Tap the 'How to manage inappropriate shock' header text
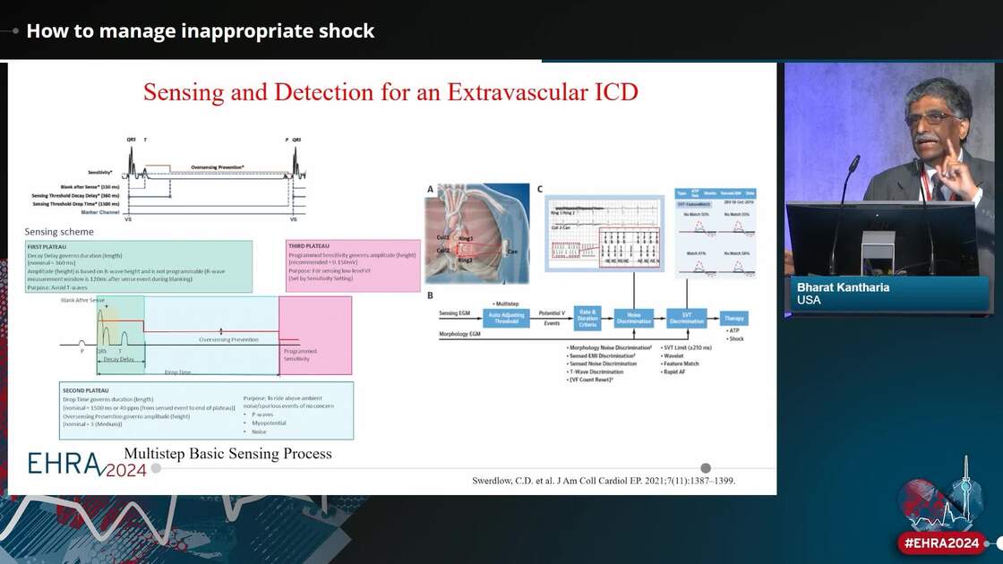click(201, 30)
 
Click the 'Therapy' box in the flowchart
click(733, 319)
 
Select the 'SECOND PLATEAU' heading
click(87, 391)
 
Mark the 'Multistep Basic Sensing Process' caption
click(227, 454)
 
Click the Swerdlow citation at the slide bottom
click(603, 481)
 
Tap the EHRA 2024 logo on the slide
click(86, 464)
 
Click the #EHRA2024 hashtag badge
click(942, 543)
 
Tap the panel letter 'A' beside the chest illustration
click(431, 189)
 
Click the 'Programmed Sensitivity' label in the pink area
click(300, 355)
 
